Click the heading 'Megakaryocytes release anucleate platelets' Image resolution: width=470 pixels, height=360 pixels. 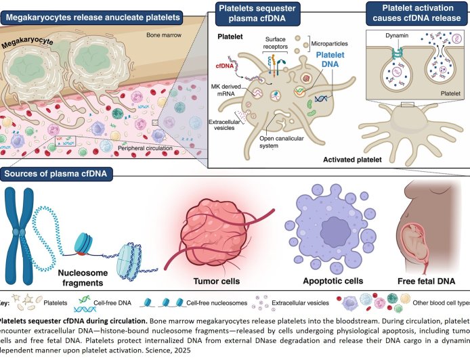click(93, 14)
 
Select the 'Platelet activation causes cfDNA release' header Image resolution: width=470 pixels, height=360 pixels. click(414, 16)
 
